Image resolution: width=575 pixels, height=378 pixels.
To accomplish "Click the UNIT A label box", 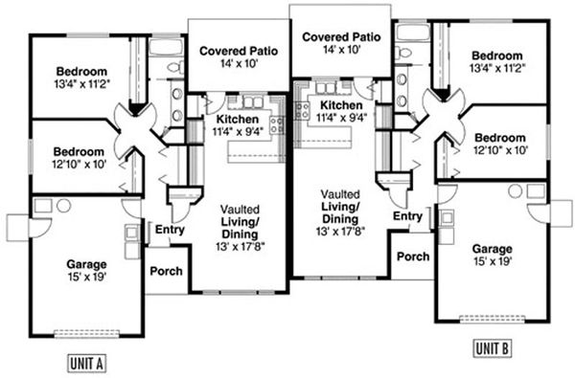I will coord(86,362).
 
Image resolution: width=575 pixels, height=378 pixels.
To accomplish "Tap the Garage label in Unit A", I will coord(87,264).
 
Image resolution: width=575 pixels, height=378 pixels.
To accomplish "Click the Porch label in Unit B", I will coord(412,256).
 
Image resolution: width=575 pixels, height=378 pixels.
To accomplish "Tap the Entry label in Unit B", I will coord(407,217).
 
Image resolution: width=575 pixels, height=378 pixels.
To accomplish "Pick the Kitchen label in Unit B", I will coord(340,106).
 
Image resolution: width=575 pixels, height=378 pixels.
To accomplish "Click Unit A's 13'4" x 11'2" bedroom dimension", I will coord(80,84).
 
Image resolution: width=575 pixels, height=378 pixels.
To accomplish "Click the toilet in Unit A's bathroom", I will coord(173,67).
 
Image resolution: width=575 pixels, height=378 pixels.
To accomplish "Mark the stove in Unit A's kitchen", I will coord(277,122).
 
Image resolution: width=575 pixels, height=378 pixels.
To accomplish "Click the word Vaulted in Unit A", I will coord(238,209).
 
